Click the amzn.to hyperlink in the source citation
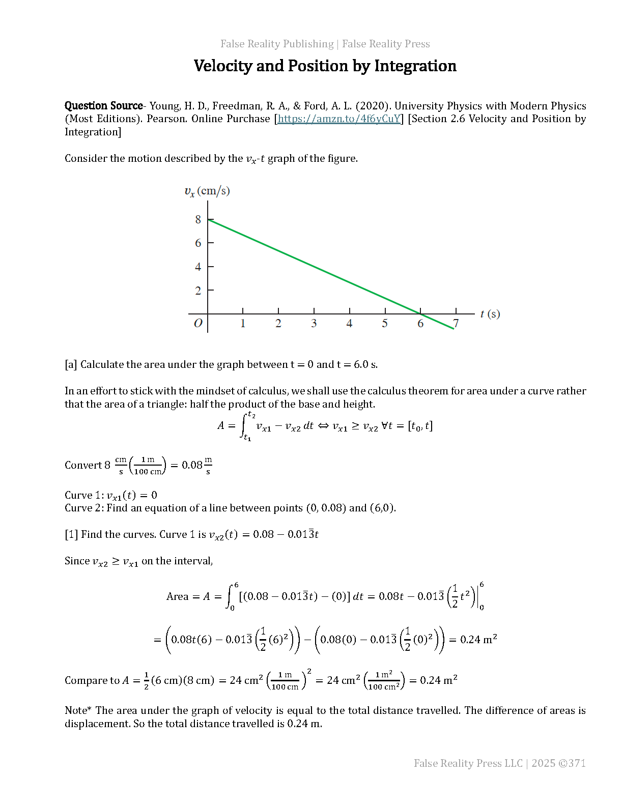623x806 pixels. (339, 119)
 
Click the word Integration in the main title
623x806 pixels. (415, 66)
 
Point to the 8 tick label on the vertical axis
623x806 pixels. (198, 220)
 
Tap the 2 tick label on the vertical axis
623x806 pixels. (198, 291)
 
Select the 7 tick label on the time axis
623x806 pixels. (456, 324)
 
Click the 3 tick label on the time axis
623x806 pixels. (314, 324)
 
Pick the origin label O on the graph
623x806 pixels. (198, 323)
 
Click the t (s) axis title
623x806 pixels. (490, 314)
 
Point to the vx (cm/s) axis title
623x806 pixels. (207, 191)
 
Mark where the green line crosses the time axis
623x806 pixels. (420, 314)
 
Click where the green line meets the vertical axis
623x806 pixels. (208, 219)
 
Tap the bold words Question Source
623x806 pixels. (103, 106)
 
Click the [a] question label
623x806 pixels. (71, 365)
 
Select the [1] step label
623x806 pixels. (71, 535)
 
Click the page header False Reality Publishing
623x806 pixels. (277, 44)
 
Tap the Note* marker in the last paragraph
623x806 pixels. (78, 711)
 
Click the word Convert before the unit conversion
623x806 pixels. (83, 466)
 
